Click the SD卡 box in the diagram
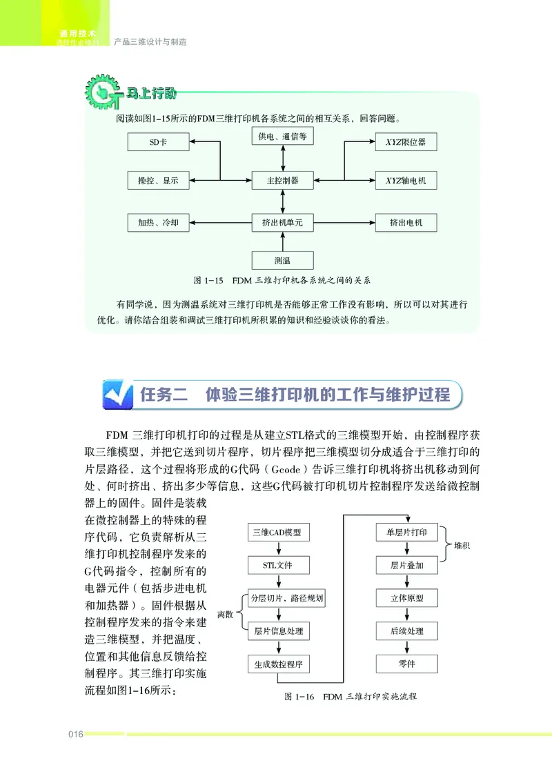click(x=159, y=143)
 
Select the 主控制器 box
click(x=282, y=181)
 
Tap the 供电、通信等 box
click(x=282, y=137)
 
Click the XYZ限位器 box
click(x=406, y=143)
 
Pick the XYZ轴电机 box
click(x=406, y=181)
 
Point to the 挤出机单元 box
click(x=282, y=222)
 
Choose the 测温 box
click(x=282, y=260)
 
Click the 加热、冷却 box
click(x=159, y=222)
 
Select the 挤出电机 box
click(x=406, y=222)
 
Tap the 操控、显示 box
click(x=159, y=181)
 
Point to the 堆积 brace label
click(x=463, y=546)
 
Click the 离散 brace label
click(x=225, y=614)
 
